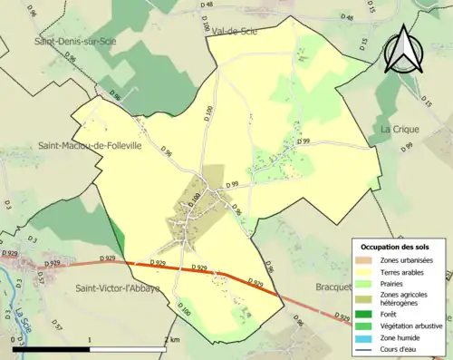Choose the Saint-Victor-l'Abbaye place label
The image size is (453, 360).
118,288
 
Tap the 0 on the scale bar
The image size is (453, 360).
13,339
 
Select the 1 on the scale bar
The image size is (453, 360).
89,339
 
